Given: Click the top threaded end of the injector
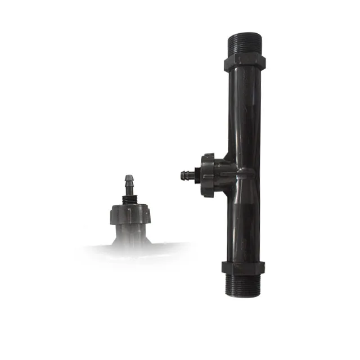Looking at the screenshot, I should pyautogui.click(x=244, y=44).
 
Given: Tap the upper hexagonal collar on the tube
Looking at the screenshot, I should pyautogui.click(x=244, y=61).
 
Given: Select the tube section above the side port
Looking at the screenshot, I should pyautogui.click(x=245, y=112).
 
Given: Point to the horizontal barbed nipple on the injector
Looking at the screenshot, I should pyautogui.click(x=186, y=175).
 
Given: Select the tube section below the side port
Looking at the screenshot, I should pyautogui.click(x=245, y=225).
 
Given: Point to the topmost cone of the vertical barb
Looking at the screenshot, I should pyautogui.click(x=129, y=179).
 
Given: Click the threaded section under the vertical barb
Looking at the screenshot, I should pyautogui.click(x=130, y=200).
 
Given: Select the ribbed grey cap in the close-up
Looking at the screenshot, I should pyautogui.click(x=130, y=215).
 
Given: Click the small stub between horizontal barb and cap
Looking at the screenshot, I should pyautogui.click(x=197, y=175).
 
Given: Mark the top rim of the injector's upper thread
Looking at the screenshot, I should pyautogui.click(x=244, y=34).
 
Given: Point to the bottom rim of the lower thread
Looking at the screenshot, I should pyautogui.click(x=244, y=295).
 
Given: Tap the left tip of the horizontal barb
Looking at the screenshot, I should pyautogui.click(x=181, y=175).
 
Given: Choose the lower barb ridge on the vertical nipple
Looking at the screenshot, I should pyautogui.click(x=129, y=186).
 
